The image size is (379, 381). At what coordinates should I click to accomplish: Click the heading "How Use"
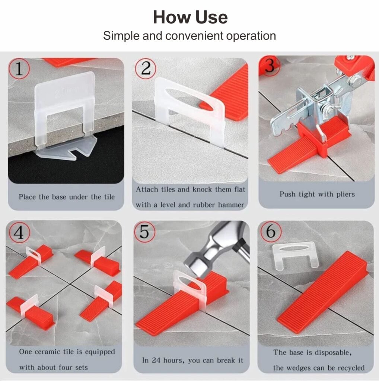click(190, 17)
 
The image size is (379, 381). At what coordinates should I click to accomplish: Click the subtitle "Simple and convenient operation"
click(189, 36)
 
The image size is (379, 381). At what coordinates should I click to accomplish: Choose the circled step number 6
click(271, 231)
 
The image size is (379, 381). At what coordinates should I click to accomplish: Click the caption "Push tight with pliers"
click(317, 194)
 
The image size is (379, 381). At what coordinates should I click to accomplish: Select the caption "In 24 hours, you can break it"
click(192, 360)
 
